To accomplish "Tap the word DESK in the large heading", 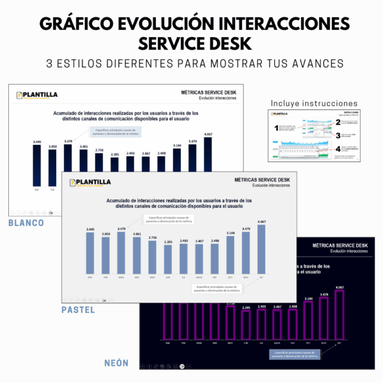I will coord(223,45).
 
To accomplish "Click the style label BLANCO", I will coord(26,223).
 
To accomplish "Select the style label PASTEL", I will coord(79,310).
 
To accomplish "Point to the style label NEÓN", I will coord(116,363).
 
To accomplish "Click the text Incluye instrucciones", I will coord(314,103).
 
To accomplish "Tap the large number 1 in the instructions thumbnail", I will coord(276,129).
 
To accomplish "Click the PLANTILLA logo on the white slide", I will coord(38,95).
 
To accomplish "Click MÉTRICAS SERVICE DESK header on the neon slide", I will coord(330,246).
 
